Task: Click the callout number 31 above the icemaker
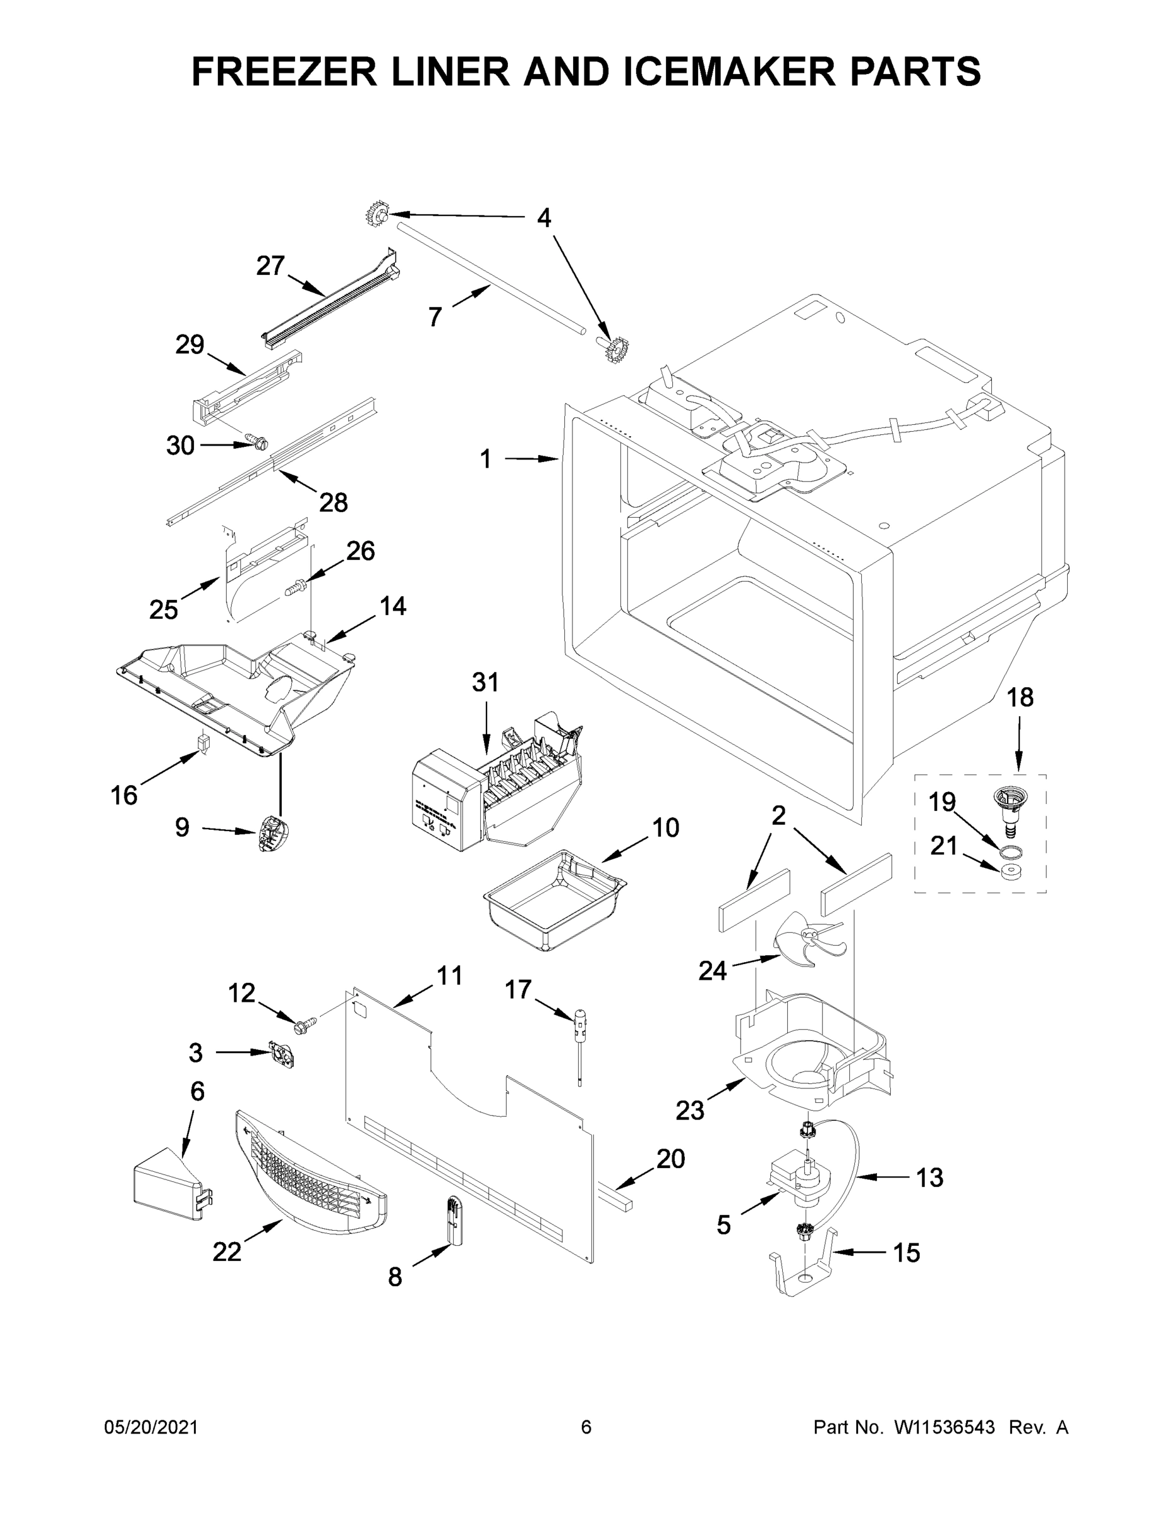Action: tap(485, 683)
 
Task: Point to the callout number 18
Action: tap(1020, 697)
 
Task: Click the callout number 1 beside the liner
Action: tap(485, 459)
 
